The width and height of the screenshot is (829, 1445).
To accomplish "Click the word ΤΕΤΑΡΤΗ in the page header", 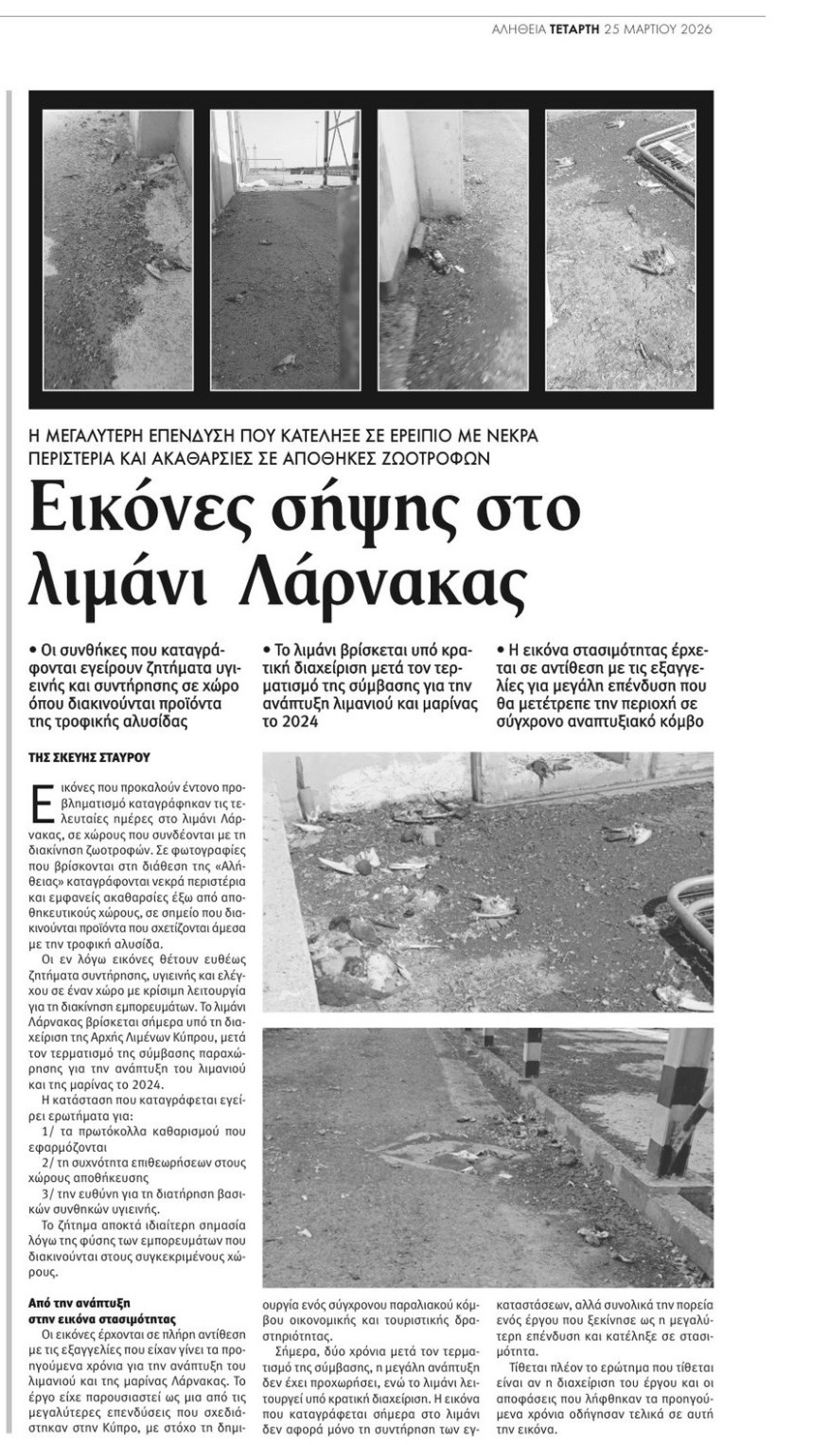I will pyautogui.click(x=575, y=29).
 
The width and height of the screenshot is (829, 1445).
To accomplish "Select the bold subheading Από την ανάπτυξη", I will pyautogui.click(x=75, y=1302).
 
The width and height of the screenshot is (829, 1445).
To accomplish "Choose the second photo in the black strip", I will pyautogui.click(x=285, y=250).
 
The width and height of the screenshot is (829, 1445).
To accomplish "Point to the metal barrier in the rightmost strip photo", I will pyautogui.click(x=666, y=151).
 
